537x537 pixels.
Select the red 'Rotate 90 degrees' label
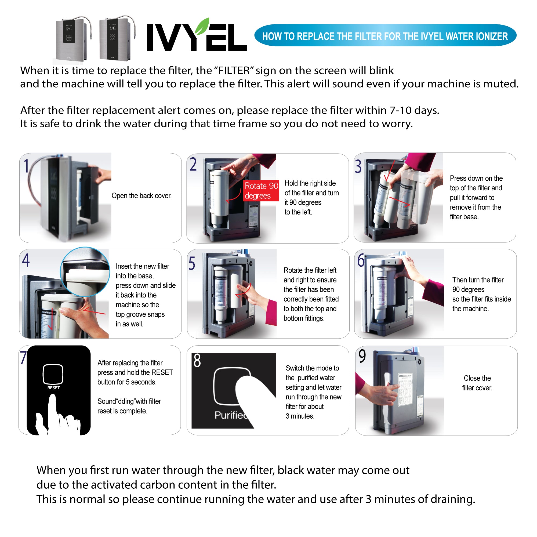[261, 191]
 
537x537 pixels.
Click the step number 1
[26, 166]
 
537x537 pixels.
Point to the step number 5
[191, 263]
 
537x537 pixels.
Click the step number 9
[362, 356]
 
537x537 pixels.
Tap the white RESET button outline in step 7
[53, 374]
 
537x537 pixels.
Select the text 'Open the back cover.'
[141, 196]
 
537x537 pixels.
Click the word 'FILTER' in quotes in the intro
[234, 71]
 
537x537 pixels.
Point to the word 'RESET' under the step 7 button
[53, 388]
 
